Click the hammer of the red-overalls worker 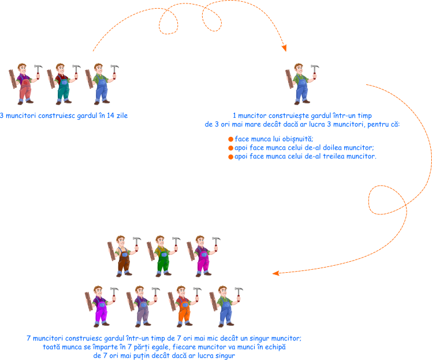click(x=38, y=69)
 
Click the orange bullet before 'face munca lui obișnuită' click(x=230, y=139)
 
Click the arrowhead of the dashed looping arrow click(x=284, y=49)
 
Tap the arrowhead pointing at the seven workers click(x=277, y=273)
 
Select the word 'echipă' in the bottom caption click(x=274, y=347)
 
